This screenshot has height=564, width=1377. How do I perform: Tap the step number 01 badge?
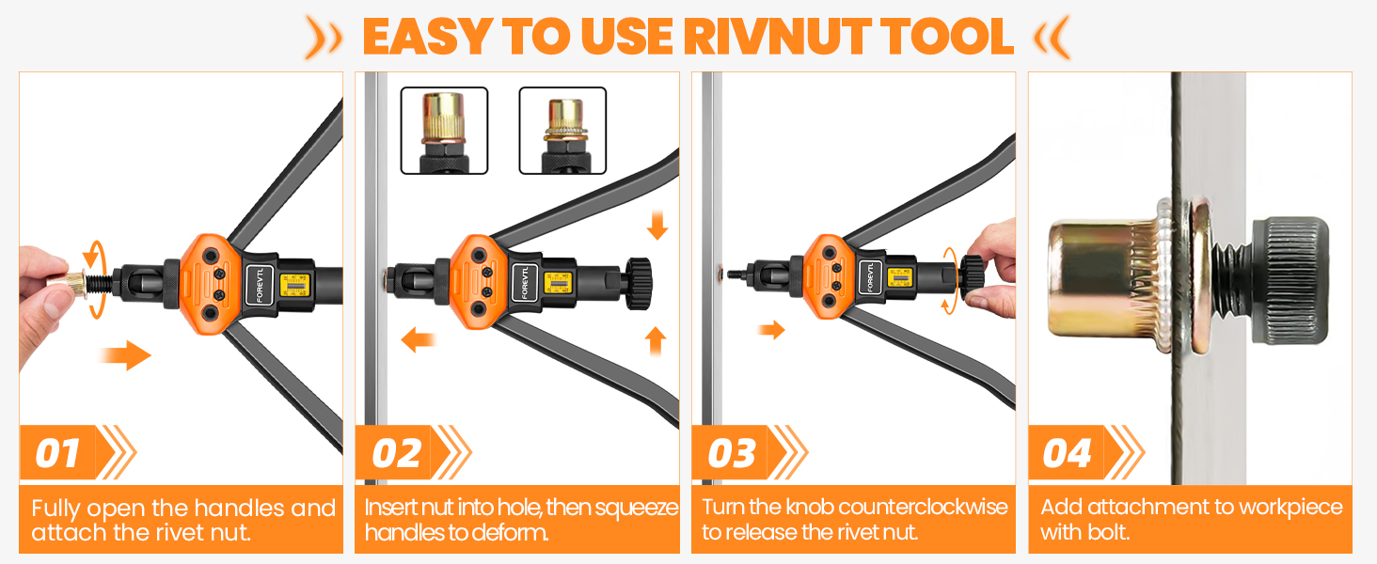click(57, 454)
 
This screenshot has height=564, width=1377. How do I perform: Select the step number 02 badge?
click(395, 454)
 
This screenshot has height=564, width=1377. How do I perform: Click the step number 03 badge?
click(732, 454)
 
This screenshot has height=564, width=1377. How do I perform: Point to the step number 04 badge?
click(1067, 454)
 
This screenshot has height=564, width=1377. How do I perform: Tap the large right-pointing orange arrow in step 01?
click(125, 355)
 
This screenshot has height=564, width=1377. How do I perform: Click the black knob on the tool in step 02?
click(639, 279)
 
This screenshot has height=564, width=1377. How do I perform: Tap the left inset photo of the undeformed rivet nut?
click(444, 131)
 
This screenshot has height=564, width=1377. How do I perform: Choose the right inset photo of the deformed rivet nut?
click(562, 131)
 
